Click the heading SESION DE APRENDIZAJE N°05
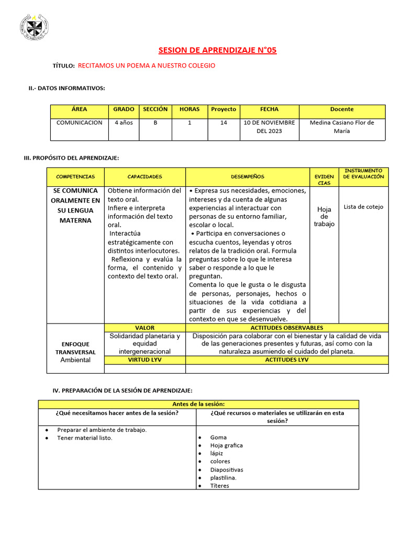coord(217,50)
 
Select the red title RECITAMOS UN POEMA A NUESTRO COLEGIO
coord(147,65)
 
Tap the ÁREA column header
coord(80,109)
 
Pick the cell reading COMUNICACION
coord(80,122)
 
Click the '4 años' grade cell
coord(124,122)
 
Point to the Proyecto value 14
coord(224,122)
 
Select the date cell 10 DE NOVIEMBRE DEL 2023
coord(269,127)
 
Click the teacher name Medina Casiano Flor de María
coord(342,127)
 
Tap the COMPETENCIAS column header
coord(75,177)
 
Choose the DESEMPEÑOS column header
coord(248,177)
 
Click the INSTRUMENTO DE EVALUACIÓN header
coord(363,174)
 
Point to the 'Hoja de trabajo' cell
coord(324,217)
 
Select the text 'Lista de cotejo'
coord(363,207)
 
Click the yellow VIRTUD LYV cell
coord(145,360)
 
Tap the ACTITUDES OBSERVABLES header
coord(287,328)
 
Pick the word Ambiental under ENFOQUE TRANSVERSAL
coord(75,360)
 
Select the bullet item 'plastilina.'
coord(224,477)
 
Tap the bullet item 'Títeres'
coord(220,486)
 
